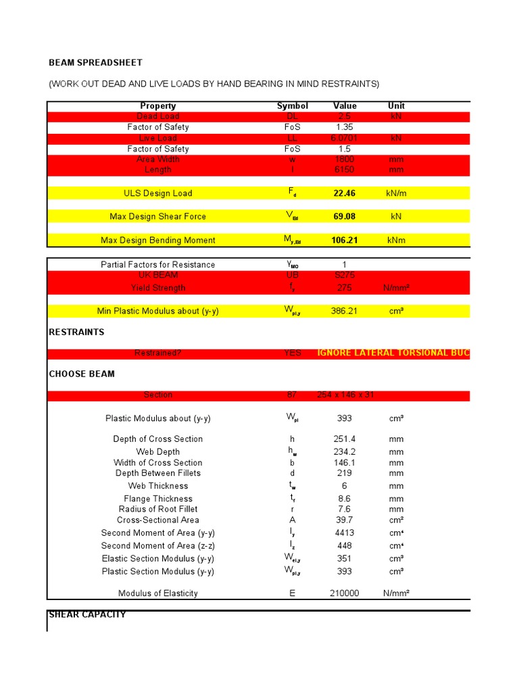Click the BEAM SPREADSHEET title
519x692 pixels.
click(95, 63)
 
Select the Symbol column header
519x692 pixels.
click(292, 106)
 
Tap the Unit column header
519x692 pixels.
click(396, 106)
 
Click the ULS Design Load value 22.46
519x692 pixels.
click(344, 193)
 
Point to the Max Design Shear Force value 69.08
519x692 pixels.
click(344, 216)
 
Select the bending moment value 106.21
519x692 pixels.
click(344, 240)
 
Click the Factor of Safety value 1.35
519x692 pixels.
click(344, 127)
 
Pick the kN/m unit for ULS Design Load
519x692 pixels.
click(396, 193)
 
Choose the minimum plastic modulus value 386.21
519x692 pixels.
click(344, 311)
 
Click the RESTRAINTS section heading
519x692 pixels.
click(76, 332)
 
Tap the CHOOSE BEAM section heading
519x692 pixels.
click(82, 374)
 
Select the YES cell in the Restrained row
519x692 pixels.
click(292, 353)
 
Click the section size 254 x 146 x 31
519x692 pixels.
click(345, 395)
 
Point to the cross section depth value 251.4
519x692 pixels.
click(344, 439)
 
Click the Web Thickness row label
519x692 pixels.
click(158, 486)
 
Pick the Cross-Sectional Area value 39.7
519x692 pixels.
click(344, 520)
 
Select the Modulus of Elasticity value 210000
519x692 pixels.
click(344, 593)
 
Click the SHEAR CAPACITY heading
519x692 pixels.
click(87, 614)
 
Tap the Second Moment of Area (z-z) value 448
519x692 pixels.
click(344, 545)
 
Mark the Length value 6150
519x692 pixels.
click(344, 170)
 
